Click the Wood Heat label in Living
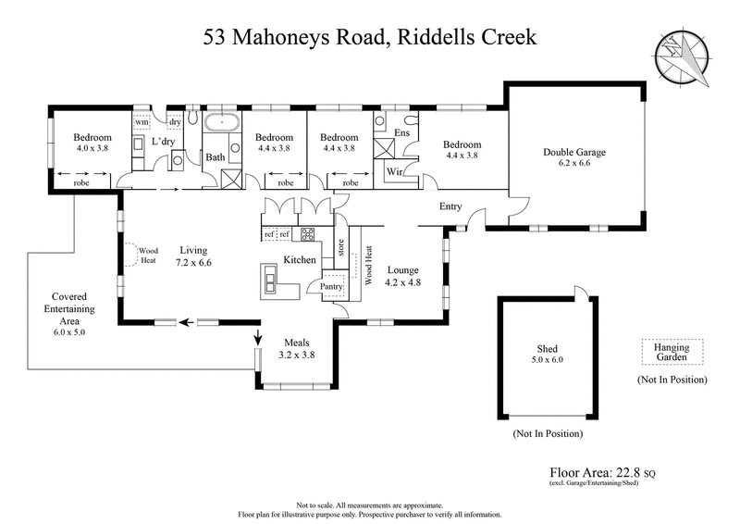click(x=148, y=254)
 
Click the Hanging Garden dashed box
click(x=672, y=351)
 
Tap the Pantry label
click(x=332, y=288)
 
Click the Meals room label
click(x=296, y=342)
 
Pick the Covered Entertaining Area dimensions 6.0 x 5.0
click(x=62, y=331)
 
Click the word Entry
click(x=450, y=206)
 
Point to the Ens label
click(x=402, y=133)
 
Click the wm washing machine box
click(x=142, y=122)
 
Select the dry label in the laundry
click(x=174, y=122)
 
